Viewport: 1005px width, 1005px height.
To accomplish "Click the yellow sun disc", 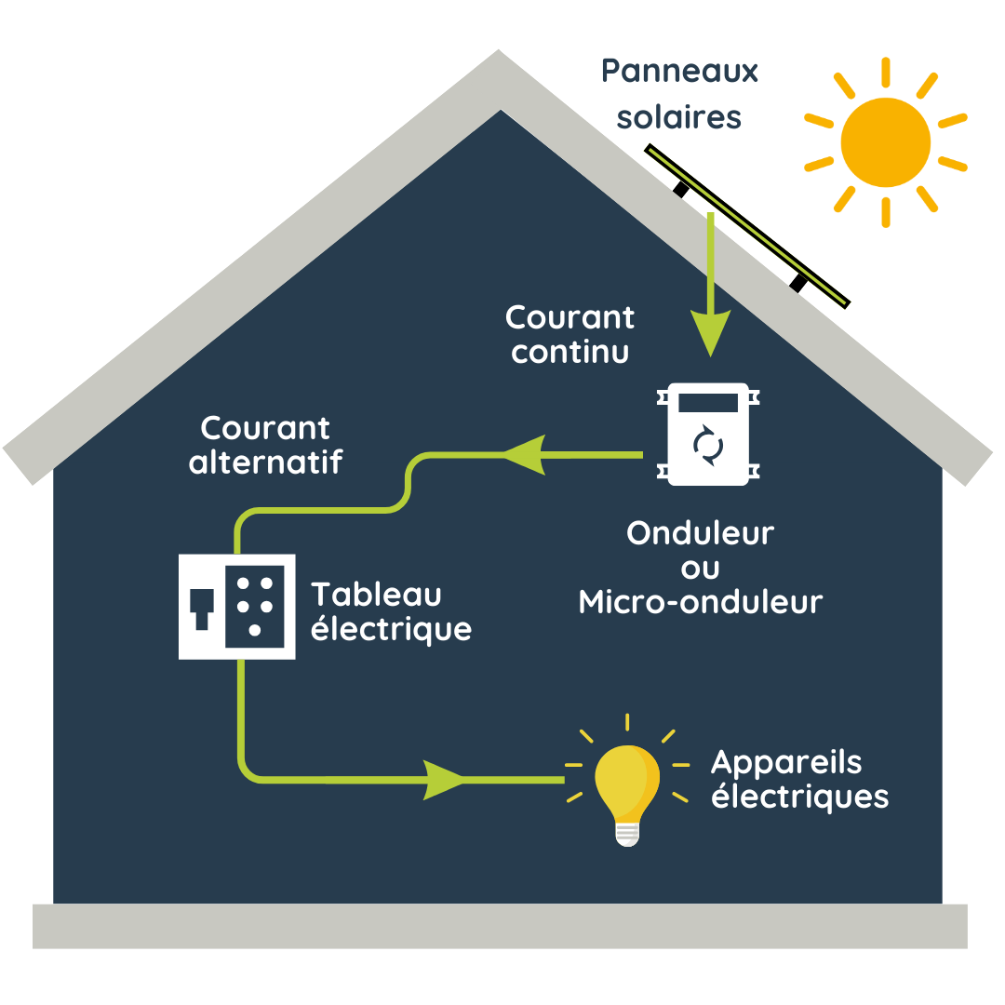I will point(885,142).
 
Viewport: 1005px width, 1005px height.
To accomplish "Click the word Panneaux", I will point(679,71).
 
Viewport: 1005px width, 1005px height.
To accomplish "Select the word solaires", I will point(679,117).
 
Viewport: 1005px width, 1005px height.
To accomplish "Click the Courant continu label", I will point(569,334).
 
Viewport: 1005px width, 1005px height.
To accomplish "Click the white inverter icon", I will point(708,435).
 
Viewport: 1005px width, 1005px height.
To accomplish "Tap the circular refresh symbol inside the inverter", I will point(708,445).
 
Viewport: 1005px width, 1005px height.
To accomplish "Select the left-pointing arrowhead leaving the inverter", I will point(524,455).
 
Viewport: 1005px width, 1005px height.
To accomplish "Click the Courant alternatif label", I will point(265,445).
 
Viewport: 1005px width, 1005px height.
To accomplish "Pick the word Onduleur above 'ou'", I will point(700,533).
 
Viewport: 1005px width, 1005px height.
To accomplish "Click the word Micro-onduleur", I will point(700,602).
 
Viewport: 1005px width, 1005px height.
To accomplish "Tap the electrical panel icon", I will point(236,607).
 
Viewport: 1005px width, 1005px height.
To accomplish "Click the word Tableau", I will point(376,594).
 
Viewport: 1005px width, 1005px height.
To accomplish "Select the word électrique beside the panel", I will point(391,630).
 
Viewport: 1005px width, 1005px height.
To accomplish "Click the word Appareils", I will point(786,762).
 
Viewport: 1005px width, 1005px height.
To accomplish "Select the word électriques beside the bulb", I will point(799,797).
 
